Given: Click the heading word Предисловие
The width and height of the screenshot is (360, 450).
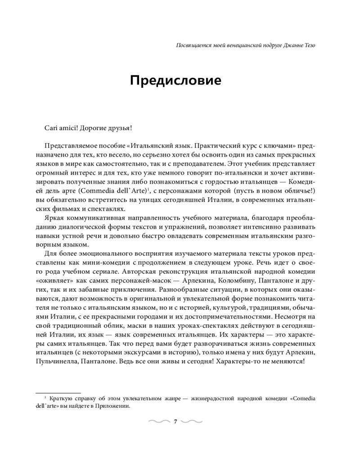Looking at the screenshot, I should tap(175, 81).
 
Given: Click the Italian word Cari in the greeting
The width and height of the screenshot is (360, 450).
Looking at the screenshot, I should tap(52, 128).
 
